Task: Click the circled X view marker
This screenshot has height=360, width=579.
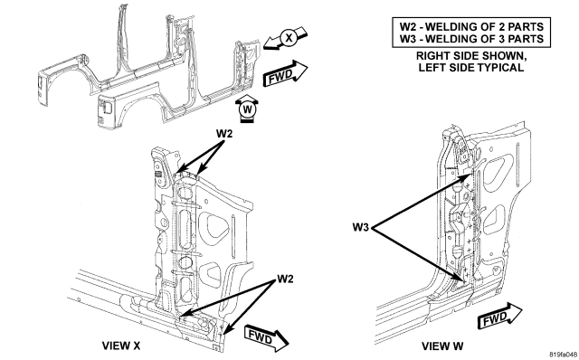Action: [289, 38]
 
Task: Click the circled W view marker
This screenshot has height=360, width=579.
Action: [247, 109]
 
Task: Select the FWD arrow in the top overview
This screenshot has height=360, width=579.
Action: [285, 73]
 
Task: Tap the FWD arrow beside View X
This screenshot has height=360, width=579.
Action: [267, 338]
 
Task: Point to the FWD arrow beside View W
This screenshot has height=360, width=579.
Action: [499, 316]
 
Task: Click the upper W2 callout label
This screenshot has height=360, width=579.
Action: [224, 134]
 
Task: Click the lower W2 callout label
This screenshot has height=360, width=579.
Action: [285, 279]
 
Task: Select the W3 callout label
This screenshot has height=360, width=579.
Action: [361, 227]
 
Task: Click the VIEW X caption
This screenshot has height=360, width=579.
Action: [121, 346]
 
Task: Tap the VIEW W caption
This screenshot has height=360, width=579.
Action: [442, 346]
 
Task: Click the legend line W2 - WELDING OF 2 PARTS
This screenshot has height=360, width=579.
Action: [471, 26]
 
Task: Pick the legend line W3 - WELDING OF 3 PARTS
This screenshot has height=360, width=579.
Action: [471, 39]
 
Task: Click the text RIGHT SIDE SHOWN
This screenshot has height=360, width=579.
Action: [471, 56]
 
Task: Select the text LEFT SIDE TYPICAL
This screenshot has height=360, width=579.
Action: [471, 68]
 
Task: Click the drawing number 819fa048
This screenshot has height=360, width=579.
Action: [563, 355]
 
